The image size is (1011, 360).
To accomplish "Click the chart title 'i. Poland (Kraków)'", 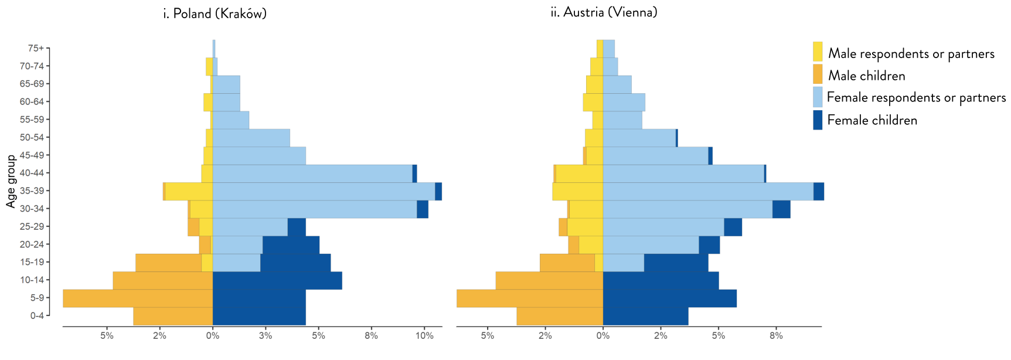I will coord(215,13).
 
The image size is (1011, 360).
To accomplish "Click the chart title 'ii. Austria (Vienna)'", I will coord(604,12).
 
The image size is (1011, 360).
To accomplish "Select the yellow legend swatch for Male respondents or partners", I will coord(818,52).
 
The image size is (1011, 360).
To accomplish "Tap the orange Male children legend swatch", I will coord(818,74).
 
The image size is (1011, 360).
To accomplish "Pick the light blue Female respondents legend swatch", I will coord(818,97).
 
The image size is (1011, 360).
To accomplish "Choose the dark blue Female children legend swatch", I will coord(818,120).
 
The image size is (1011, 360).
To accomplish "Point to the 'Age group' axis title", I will coord(11,181).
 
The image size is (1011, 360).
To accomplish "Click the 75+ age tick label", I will coord(36,48).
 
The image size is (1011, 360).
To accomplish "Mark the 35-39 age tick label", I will coord(32,191).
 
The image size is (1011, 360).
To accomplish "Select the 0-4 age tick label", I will coord(36,316).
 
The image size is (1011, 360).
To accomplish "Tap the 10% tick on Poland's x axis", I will coord(424,336).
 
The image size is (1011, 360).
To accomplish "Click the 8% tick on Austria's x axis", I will coord(776,336).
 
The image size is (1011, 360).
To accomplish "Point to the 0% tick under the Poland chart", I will coord(213,336).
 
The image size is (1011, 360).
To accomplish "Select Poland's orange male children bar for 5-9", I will coord(138,298).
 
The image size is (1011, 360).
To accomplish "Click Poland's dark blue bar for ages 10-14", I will coord(277,280).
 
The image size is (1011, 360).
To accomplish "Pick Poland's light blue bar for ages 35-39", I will coord(324,191).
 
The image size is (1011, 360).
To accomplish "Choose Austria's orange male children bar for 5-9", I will coord(530,298).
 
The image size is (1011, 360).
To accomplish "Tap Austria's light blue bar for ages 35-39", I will coord(708,191).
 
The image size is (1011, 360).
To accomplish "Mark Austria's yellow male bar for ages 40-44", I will coord(579,174).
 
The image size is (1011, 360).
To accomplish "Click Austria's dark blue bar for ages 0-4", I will coord(645,316).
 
